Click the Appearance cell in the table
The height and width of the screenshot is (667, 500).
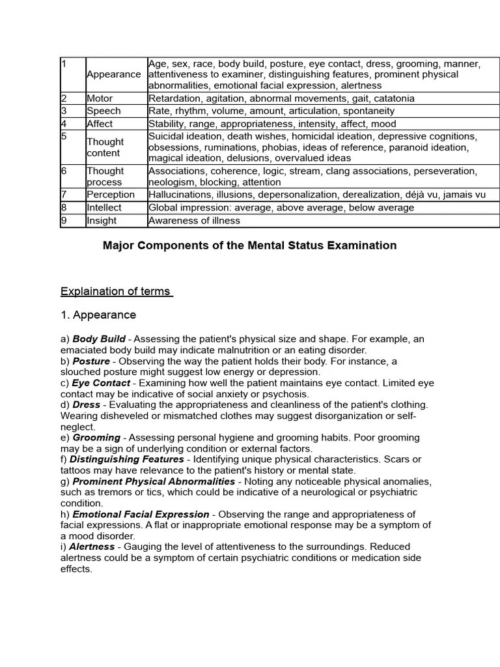[113, 74]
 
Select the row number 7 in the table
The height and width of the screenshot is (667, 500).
[64, 194]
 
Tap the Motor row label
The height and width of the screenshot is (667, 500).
[100, 98]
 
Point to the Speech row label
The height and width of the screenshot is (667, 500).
[104, 111]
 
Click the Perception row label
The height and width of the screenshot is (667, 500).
[111, 194]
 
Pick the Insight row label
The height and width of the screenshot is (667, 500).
[102, 220]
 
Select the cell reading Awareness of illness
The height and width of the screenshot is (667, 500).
[194, 220]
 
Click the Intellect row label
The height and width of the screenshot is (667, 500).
[104, 207]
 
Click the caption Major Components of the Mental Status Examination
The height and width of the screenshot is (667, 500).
[249, 246]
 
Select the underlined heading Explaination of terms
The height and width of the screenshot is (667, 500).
[116, 291]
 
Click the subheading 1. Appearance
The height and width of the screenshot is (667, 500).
[98, 315]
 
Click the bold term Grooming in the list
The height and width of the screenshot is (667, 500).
[96, 438]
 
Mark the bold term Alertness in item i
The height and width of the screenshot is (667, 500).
[92, 546]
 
